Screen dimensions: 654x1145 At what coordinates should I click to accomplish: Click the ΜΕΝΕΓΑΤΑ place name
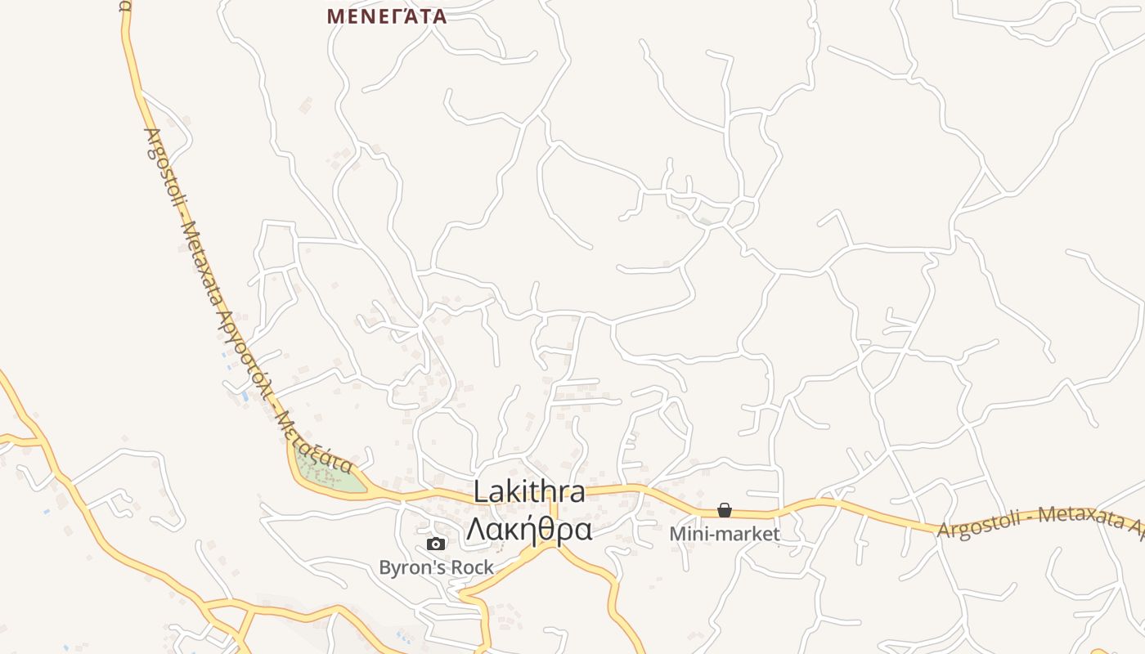point(386,16)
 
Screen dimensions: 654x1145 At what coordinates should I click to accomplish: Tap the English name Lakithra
point(529,492)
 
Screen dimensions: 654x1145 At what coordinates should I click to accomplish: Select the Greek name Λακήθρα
point(529,530)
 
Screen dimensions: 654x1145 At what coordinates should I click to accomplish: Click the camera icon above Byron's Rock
point(436,544)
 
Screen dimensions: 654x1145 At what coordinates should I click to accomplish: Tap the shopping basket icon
point(725,510)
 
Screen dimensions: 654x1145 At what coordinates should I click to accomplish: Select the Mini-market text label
point(725,535)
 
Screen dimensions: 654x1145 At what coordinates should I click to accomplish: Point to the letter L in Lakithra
point(481,493)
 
